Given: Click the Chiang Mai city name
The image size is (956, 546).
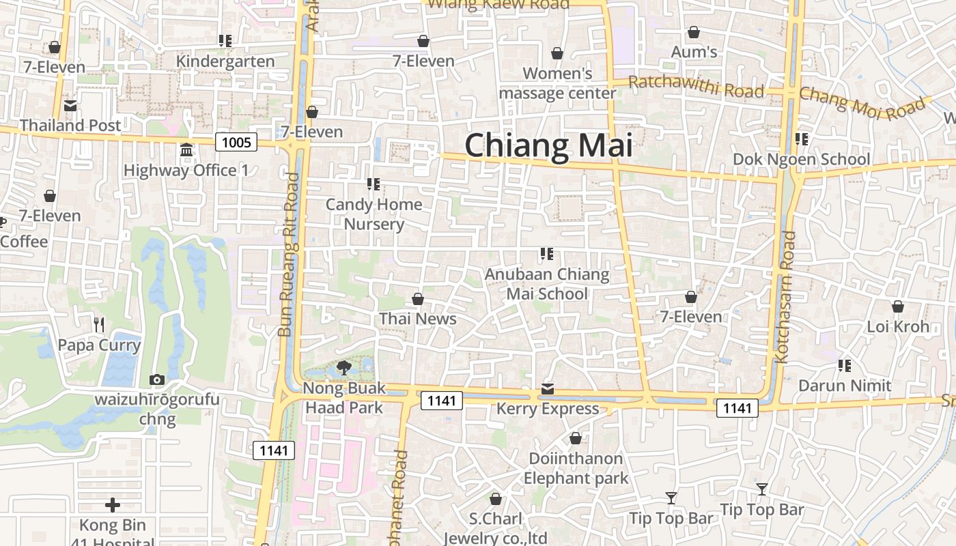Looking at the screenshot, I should click(x=548, y=146).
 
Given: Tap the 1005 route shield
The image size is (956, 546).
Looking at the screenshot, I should click(x=236, y=142).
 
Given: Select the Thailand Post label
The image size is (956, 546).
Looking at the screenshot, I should click(x=70, y=125).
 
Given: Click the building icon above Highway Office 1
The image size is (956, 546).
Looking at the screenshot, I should click(x=186, y=149).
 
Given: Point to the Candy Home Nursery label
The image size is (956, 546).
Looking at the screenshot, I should click(x=374, y=214).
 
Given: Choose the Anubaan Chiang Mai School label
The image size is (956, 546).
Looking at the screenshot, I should click(x=547, y=284).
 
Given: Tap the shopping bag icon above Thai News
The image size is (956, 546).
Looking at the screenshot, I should click(x=418, y=299).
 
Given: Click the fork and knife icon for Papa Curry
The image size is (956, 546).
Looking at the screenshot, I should click(x=99, y=324).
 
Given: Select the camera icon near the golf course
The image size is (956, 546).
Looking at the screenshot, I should click(x=157, y=379).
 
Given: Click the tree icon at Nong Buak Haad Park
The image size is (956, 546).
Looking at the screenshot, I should click(x=344, y=368).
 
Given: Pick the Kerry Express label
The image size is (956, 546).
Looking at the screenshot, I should click(x=547, y=409).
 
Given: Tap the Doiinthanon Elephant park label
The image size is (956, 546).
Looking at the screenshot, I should click(x=576, y=468).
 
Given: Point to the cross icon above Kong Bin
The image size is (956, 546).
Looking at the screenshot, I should click(x=113, y=505).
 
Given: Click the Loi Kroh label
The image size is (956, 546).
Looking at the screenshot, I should click(x=898, y=326).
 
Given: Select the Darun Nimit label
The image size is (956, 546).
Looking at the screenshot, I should click(x=845, y=386).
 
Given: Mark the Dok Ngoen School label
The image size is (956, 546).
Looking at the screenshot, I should click(x=801, y=159).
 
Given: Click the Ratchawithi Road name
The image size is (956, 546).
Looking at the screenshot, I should click(x=695, y=87).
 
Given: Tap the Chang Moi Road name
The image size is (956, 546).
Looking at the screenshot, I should click(x=864, y=102).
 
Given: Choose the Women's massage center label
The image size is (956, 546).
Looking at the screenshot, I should click(x=557, y=83).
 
